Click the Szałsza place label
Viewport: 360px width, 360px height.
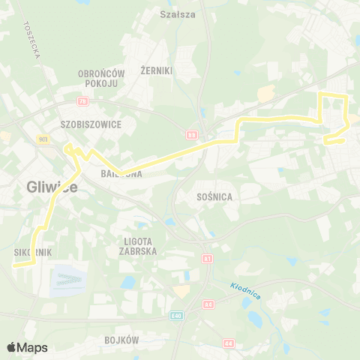click(177, 13)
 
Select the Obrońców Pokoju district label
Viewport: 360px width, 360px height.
click(101, 78)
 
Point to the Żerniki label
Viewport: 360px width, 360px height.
click(157, 70)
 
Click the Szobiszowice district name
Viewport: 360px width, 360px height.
click(91, 124)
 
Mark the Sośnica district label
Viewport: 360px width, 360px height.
click(214, 196)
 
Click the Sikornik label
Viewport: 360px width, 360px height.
click(33, 253)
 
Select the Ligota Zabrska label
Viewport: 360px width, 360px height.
click(137, 247)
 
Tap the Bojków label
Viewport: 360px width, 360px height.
click(122, 340)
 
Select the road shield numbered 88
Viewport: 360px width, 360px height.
click(193, 135)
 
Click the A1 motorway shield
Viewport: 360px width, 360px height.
click(206, 258)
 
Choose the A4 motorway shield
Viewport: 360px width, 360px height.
click(208, 304)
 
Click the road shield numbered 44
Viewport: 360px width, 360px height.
click(227, 343)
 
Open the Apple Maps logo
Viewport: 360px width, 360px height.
click(27, 347)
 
